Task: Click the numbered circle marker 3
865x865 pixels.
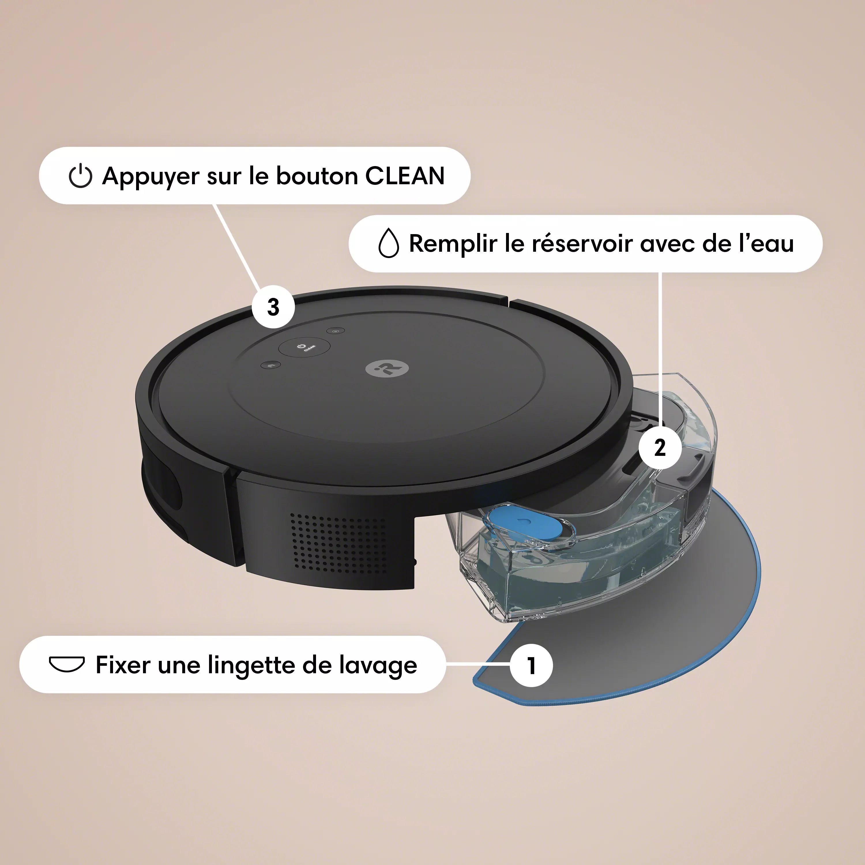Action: pos(273,307)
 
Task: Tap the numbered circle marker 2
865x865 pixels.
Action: pos(660,447)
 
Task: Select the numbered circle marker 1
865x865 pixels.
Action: pos(531,665)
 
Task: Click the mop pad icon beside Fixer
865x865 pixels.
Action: pos(67,664)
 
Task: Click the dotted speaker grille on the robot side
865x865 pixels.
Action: pos(338,543)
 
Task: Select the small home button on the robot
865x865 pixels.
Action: pos(270,365)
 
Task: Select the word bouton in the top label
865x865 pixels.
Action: pos(317,176)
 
